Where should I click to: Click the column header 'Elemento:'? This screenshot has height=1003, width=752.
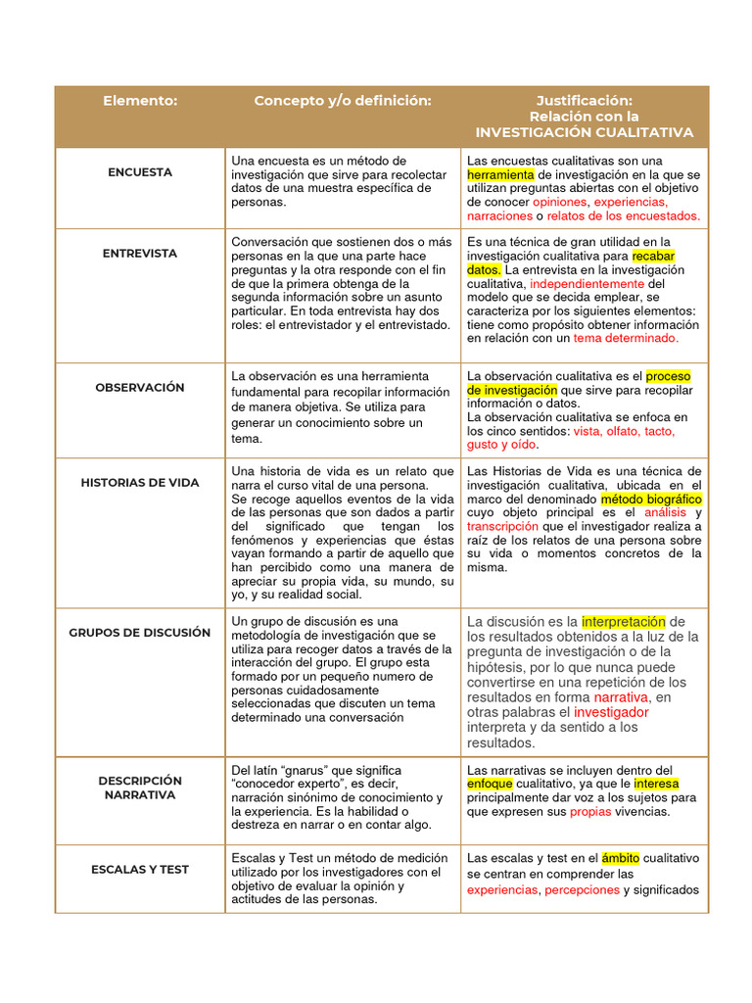[140, 101]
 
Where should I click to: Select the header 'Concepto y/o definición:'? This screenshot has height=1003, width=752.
[342, 101]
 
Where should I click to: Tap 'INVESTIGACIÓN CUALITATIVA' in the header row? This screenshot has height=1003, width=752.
[584, 132]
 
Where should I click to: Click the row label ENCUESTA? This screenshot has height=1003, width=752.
[140, 172]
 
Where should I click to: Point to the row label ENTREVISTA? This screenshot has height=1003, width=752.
[140, 254]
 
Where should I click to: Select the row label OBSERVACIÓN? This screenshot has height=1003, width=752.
[140, 388]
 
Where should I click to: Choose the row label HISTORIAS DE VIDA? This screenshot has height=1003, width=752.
[140, 483]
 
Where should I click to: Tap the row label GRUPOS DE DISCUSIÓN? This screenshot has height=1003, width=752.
[140, 633]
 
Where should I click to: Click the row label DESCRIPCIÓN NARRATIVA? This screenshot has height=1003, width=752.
[140, 788]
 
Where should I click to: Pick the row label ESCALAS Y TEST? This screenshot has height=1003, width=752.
[140, 870]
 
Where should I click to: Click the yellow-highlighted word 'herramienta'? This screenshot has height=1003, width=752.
[499, 174]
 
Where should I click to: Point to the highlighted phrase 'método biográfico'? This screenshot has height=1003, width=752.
[650, 500]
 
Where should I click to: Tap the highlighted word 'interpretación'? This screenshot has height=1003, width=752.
[623, 622]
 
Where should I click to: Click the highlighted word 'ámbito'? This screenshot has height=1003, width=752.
[620, 858]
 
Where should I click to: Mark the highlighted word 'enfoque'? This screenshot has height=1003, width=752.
[490, 785]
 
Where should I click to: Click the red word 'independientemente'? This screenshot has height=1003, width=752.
[587, 284]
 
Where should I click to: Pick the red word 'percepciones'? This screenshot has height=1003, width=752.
[582, 890]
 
